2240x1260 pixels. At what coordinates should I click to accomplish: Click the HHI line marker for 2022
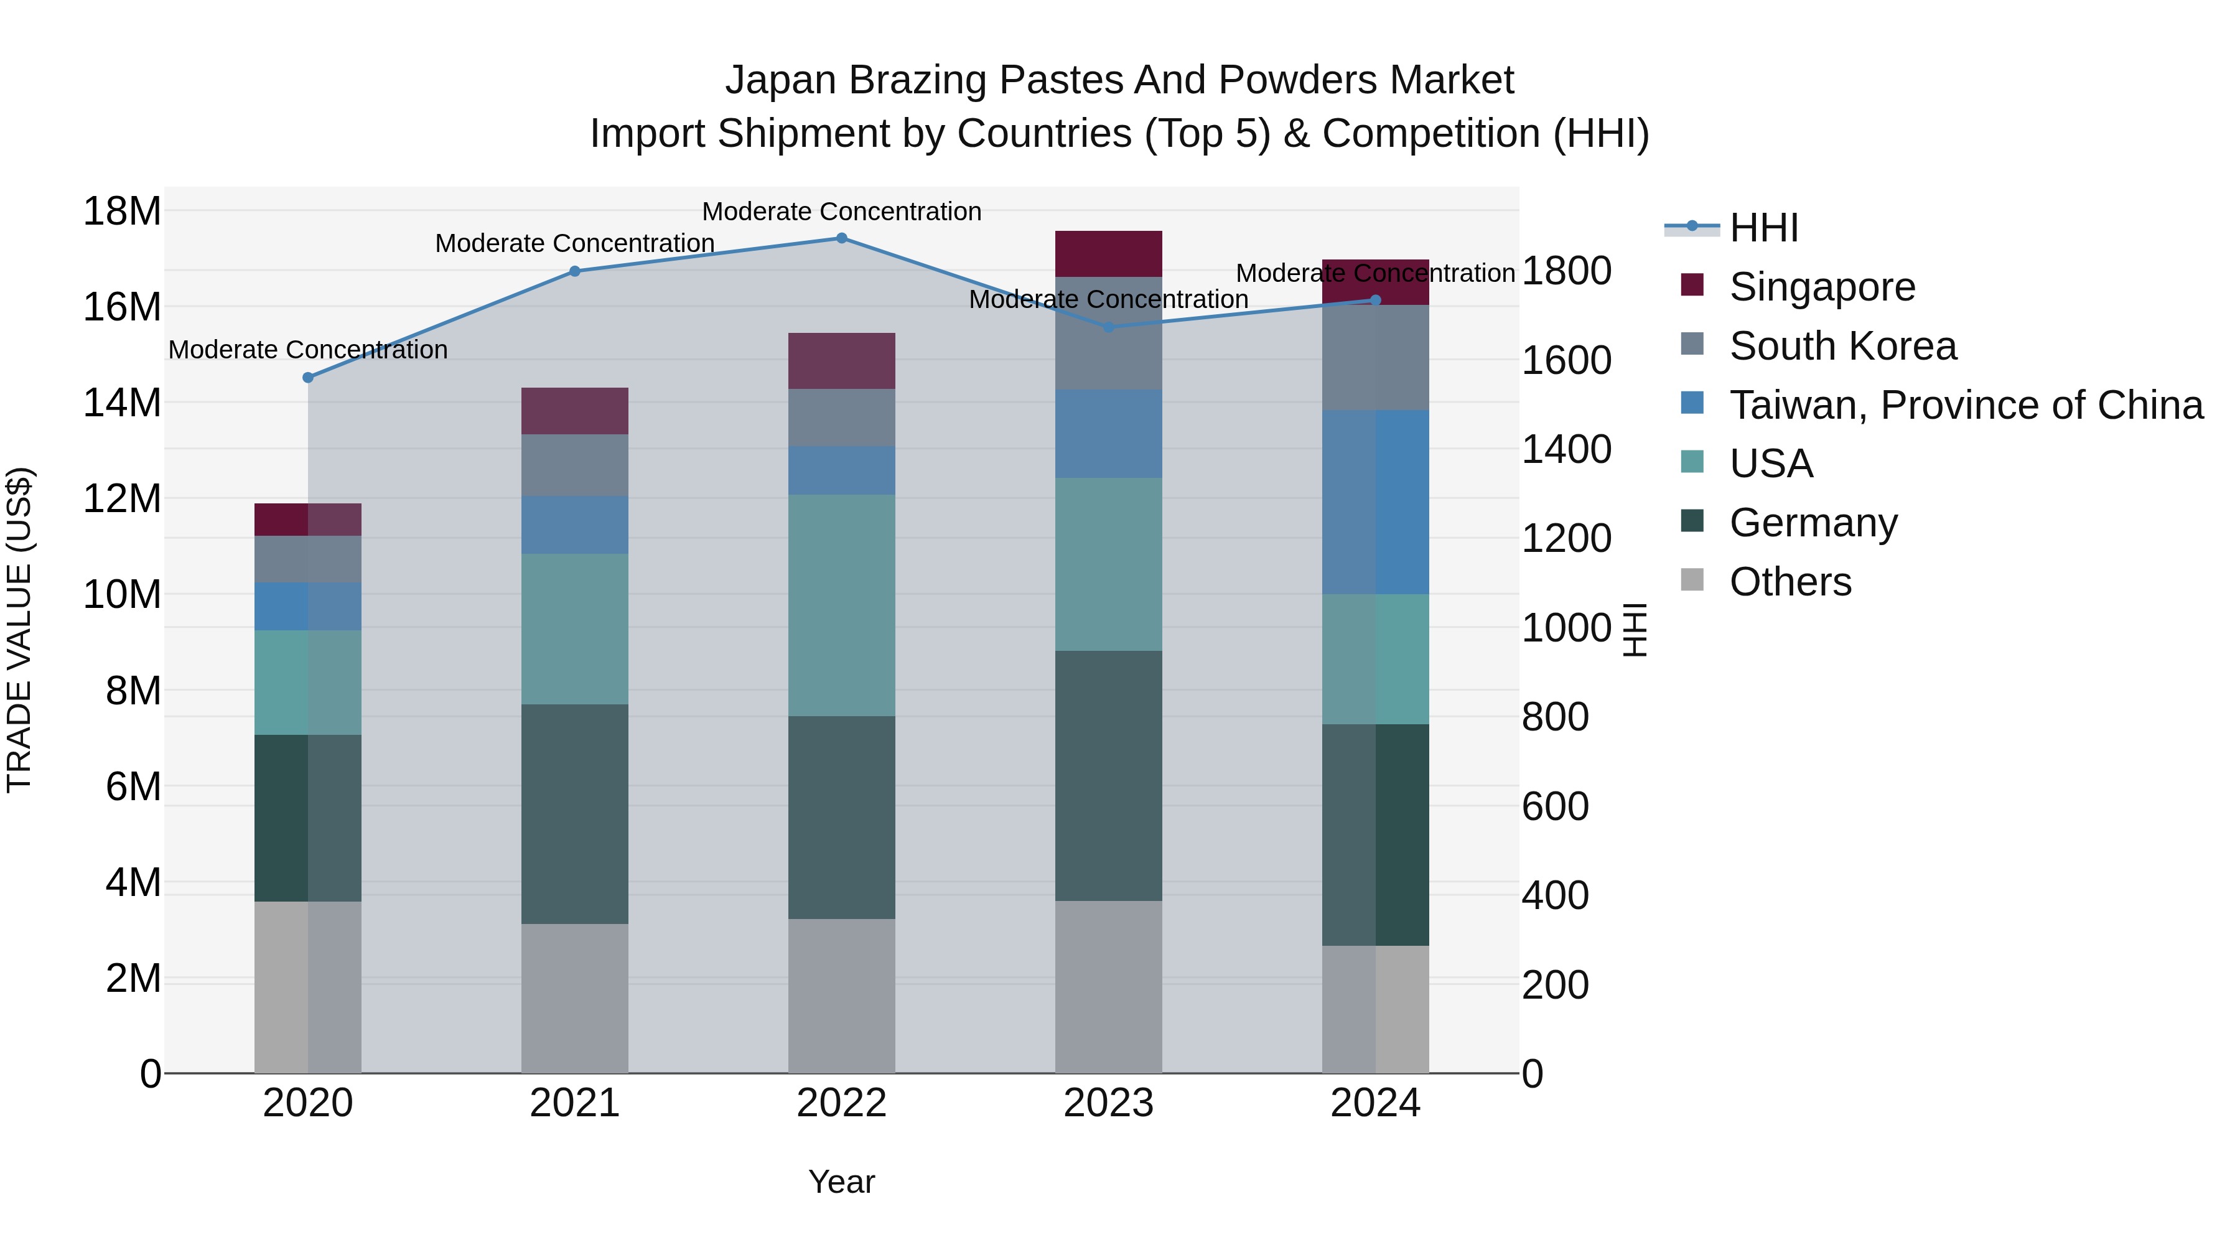(841, 238)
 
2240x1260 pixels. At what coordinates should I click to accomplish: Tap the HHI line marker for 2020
(308, 378)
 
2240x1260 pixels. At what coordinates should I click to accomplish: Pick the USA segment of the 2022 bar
(841, 605)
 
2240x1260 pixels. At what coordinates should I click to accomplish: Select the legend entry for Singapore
(1822, 287)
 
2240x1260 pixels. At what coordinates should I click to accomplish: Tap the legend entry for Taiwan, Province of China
(1965, 405)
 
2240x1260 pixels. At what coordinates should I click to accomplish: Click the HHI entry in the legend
(1763, 228)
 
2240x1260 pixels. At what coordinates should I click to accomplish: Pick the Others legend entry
(1790, 582)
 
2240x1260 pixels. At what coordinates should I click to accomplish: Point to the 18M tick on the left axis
(122, 212)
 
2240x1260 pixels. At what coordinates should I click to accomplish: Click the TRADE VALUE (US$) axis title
(19, 630)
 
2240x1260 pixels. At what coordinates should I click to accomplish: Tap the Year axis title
(841, 1182)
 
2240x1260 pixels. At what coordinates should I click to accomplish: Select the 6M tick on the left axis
(132, 787)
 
